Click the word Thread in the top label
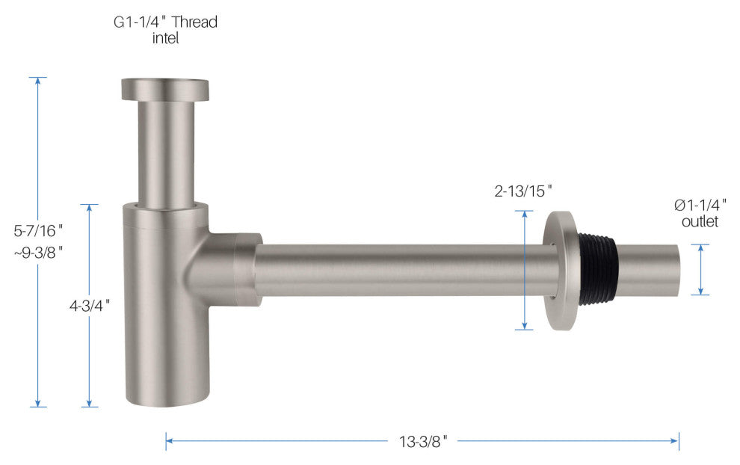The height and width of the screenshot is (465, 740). pyautogui.click(x=194, y=22)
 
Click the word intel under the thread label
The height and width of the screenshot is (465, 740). pyautogui.click(x=165, y=38)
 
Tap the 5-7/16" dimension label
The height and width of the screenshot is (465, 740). pyautogui.click(x=38, y=231)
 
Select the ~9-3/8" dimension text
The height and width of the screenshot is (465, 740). pyautogui.click(x=38, y=253)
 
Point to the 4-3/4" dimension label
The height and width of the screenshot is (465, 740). pyautogui.click(x=90, y=306)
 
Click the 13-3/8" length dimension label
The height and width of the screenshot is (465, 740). pyautogui.click(x=423, y=442)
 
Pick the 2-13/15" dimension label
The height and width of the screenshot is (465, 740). pyautogui.click(x=523, y=191)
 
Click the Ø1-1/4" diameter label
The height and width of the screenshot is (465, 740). pyautogui.click(x=700, y=205)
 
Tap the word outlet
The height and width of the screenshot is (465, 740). pyautogui.click(x=700, y=221)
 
